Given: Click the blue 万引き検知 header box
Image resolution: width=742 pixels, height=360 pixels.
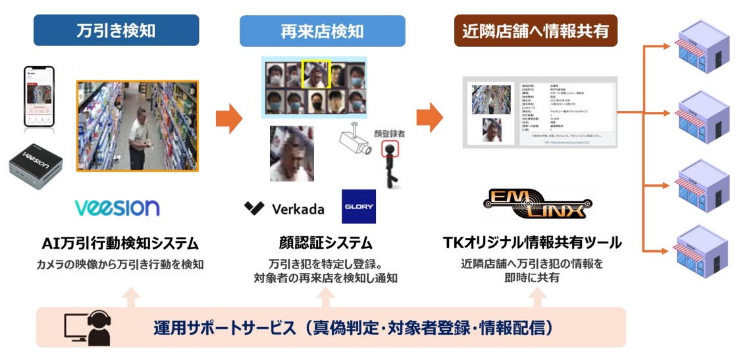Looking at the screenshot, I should (116, 30).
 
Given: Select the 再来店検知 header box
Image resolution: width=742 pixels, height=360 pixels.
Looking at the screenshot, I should (322, 31).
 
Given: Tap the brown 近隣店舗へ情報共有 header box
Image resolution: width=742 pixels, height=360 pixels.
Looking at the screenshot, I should (535, 30).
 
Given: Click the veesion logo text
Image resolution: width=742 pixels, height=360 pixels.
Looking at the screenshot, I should (117, 207).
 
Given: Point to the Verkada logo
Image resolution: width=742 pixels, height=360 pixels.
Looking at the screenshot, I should (284, 209).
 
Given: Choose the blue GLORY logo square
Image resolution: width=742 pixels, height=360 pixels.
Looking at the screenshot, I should (358, 207).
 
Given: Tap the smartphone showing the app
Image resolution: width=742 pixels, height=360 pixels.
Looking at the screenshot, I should (38, 97).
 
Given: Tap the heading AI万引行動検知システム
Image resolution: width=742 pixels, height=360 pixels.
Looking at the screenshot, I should (119, 243).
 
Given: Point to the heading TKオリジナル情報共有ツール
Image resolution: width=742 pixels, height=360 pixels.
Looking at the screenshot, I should (532, 243).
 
